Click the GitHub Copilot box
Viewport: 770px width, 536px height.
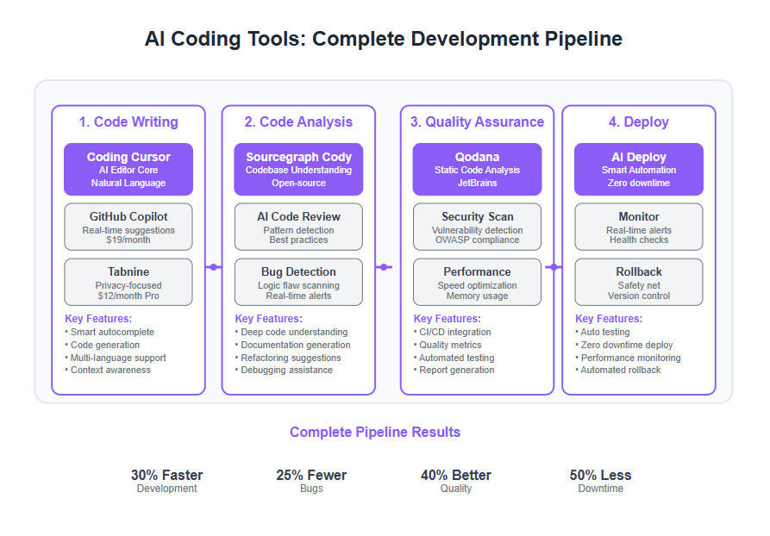128,227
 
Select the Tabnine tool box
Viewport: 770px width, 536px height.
128,283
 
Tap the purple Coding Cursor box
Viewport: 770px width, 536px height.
128,170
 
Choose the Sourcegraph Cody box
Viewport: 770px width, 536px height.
298,170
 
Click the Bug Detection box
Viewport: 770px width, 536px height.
298,283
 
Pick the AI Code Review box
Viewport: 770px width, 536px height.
298,227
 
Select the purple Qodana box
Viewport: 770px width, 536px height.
477,170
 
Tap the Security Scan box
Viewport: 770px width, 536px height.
477,227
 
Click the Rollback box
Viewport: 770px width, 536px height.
639,283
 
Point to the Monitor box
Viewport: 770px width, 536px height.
639,227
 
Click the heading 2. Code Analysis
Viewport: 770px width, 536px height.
298,122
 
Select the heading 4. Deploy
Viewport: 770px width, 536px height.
639,122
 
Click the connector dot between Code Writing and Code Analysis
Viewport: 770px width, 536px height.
214,267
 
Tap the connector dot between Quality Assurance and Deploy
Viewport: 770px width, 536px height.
554,267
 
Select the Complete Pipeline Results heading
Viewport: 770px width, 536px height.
375,432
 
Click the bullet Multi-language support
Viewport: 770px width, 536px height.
116,358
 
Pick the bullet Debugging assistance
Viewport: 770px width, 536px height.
284,370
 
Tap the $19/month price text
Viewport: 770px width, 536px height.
128,240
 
